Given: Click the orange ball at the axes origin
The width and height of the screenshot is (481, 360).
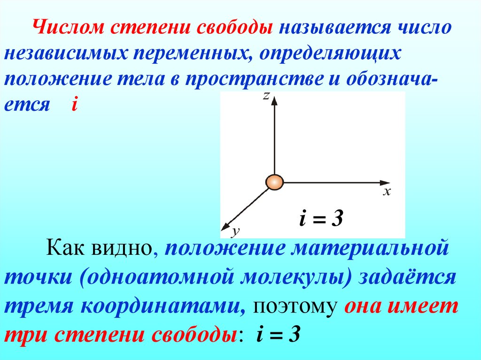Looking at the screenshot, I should pyautogui.click(x=274, y=182).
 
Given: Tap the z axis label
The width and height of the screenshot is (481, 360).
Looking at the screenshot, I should pyautogui.click(x=266, y=96).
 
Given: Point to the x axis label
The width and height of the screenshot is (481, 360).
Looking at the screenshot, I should pyautogui.click(x=387, y=191).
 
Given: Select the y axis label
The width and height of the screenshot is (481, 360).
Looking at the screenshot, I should pyautogui.click(x=236, y=230).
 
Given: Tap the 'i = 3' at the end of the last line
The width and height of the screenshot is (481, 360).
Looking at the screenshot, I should pyautogui.click(x=278, y=335).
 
